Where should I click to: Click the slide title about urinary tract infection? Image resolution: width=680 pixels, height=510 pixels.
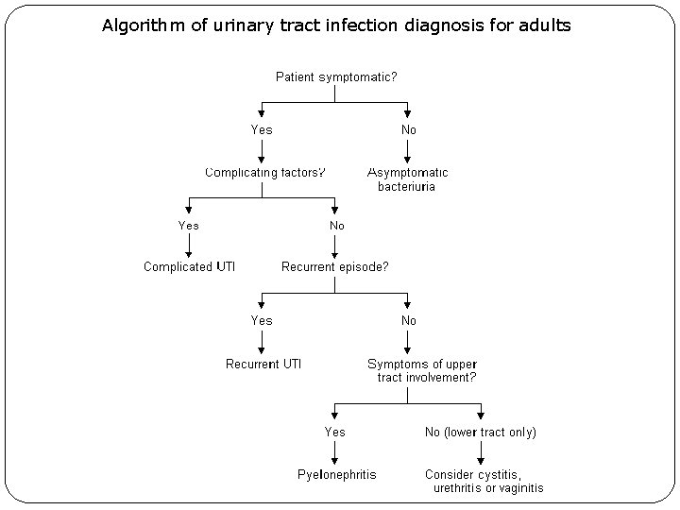point(336,25)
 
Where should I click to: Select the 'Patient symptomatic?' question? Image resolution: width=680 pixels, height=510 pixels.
point(335,76)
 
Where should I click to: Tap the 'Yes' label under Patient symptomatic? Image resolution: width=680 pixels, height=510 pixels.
point(262,129)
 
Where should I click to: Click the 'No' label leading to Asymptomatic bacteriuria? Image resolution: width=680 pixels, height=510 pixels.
point(408,129)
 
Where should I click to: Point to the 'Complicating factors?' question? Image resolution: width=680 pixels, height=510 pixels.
point(265,173)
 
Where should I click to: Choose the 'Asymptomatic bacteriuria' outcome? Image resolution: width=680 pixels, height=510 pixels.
point(407,179)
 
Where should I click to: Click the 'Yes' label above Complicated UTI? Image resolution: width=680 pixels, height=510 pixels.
point(189,226)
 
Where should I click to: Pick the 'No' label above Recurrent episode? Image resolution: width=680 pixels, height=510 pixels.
point(336,226)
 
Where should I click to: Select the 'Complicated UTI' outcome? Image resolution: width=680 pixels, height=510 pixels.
point(189,267)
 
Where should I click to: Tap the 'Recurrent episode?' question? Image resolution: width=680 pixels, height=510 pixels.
point(334,267)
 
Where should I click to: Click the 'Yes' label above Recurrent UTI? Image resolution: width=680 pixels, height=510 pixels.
point(262,321)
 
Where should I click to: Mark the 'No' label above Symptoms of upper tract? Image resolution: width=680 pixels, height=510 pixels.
point(408,321)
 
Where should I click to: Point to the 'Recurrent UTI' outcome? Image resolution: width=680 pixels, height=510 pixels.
point(263,364)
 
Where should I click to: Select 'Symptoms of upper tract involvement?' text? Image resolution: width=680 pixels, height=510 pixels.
point(421,370)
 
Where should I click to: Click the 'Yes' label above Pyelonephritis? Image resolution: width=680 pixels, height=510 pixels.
point(335,432)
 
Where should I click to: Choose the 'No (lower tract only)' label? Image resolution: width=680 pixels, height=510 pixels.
point(480,432)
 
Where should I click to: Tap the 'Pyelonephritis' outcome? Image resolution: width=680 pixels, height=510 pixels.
point(336,474)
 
